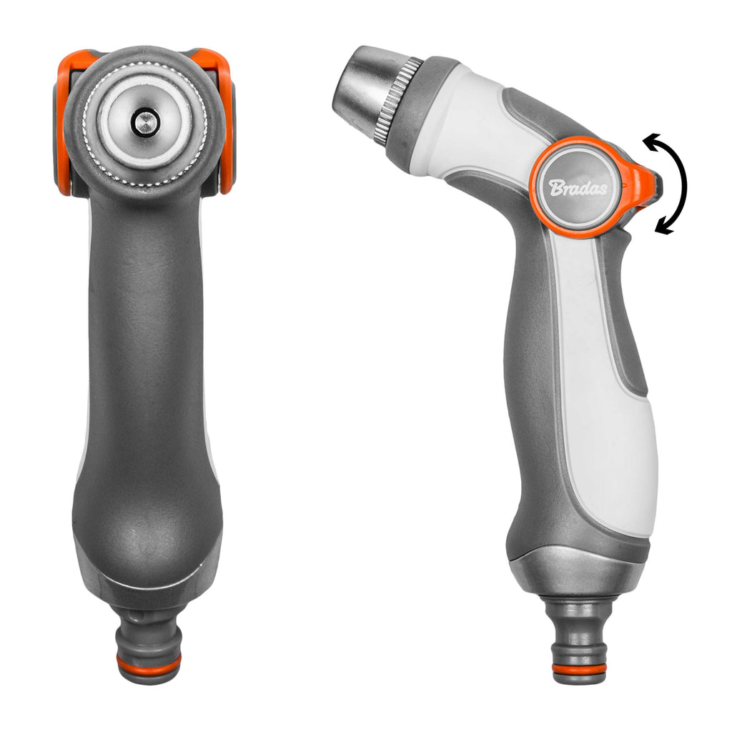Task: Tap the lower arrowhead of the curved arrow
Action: [x=664, y=228]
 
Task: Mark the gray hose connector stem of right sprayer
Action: [x=579, y=629]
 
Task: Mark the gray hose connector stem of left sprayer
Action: [x=148, y=629]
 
